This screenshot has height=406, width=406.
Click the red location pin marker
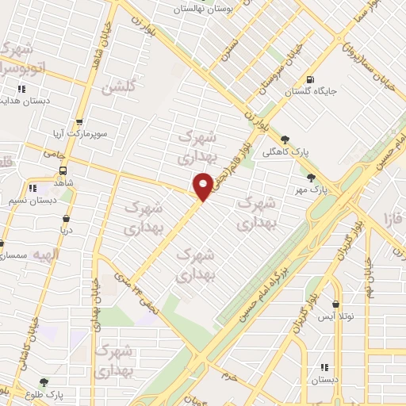pyautogui.click(x=204, y=186)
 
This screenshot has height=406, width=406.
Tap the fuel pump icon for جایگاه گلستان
pyautogui.click(x=309, y=79)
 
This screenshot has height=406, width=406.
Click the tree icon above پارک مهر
pyautogui.click(x=311, y=178)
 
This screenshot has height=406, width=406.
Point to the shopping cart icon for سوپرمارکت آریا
pyautogui.click(x=79, y=123)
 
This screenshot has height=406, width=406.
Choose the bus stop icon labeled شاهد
pyautogui.click(x=63, y=169)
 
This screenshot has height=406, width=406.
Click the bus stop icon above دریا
pyautogui.click(x=65, y=218)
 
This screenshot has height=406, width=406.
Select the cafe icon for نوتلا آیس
pyautogui.click(x=336, y=304)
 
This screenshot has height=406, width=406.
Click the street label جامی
pyautogui.click(x=53, y=153)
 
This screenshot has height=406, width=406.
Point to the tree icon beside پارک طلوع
pyautogui.click(x=44, y=382)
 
